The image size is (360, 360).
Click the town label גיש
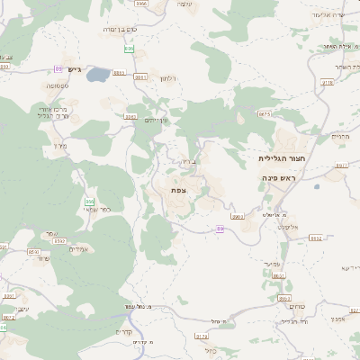pos(74,69)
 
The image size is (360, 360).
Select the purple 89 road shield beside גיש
pos(58,68)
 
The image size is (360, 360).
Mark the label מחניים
pos(338,137)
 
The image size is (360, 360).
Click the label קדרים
pos(123,331)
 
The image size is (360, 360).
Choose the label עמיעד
pos(275,262)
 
